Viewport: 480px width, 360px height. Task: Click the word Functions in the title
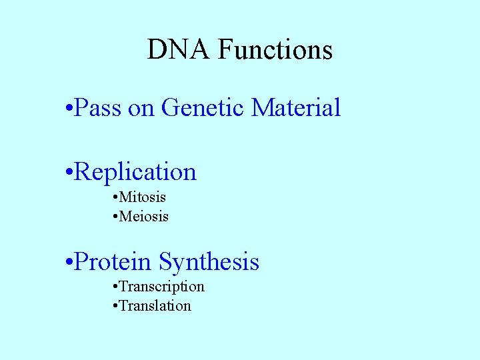(x=275, y=50)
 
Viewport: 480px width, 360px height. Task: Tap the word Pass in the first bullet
(x=98, y=107)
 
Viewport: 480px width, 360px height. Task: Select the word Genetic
(x=203, y=107)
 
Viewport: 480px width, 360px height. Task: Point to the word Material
(x=296, y=107)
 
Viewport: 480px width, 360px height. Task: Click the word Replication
(x=136, y=172)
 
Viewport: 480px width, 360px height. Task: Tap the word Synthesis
(x=209, y=261)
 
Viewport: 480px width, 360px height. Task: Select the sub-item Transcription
(x=162, y=287)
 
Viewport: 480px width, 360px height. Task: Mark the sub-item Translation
(x=155, y=306)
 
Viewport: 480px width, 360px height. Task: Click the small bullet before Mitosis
(x=116, y=198)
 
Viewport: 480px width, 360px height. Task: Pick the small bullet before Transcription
(x=116, y=287)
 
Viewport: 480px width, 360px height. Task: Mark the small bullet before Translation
(x=116, y=307)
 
